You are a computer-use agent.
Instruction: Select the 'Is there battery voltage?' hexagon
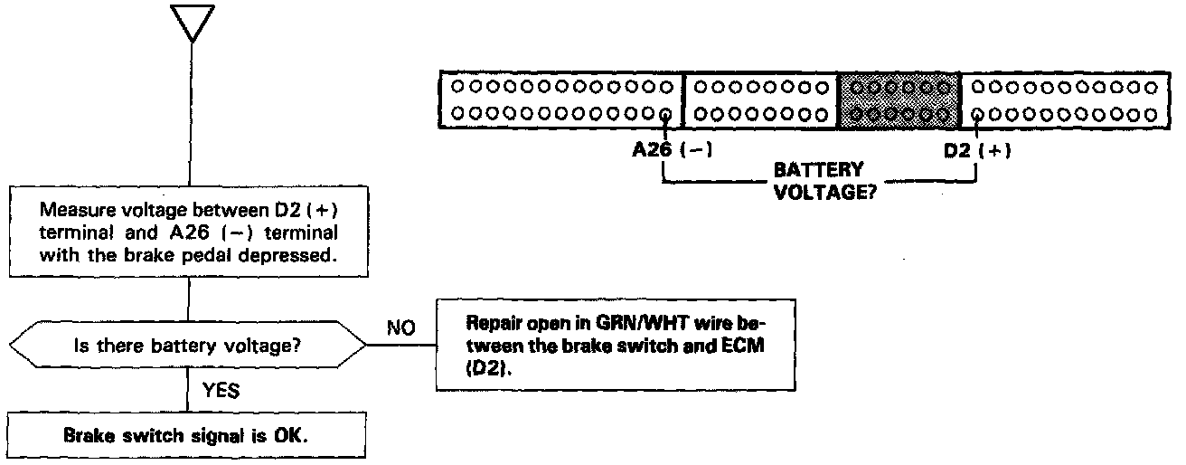pos(188,346)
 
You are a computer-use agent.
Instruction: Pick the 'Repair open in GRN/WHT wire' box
pos(605,345)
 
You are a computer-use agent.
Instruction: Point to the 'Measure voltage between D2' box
pos(188,232)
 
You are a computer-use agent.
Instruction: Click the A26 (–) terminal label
pos(670,151)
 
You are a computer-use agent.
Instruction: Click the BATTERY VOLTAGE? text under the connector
pos(818,181)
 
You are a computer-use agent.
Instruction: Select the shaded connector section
pos(899,100)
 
